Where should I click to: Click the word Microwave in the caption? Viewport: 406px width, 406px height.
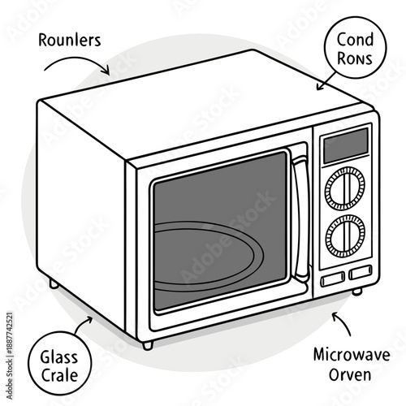351,355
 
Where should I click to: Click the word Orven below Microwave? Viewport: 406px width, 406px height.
352,375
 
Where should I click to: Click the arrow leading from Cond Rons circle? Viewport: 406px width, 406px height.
326,80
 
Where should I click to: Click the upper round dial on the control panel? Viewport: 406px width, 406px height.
344,191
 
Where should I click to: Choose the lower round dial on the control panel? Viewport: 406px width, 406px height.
344,236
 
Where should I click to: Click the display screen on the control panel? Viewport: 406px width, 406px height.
343,147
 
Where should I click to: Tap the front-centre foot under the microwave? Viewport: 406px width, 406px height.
147,345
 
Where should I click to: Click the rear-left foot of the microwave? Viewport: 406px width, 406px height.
54,285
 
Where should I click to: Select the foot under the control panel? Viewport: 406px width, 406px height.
356,290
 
